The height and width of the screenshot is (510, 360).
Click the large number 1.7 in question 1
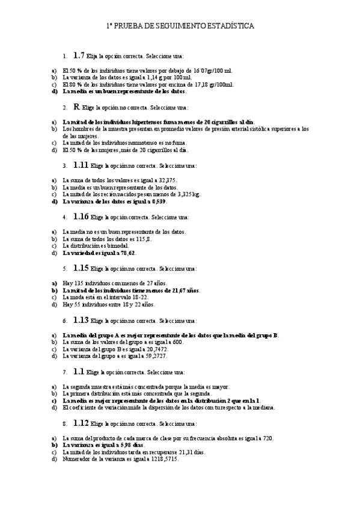[79, 55]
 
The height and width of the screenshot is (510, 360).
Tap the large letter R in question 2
[76, 106]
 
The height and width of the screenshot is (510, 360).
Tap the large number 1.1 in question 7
[79, 372]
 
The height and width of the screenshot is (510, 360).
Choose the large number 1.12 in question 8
[81, 423]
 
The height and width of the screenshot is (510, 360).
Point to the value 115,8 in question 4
[142, 239]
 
